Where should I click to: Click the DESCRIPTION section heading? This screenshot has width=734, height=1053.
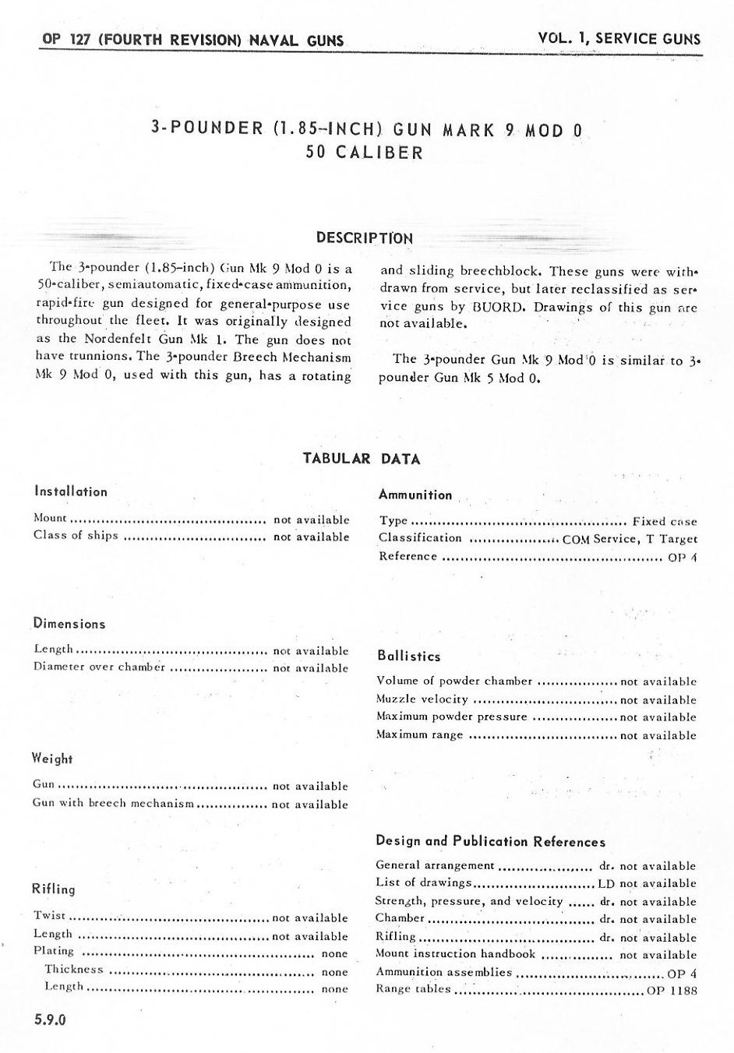tap(365, 238)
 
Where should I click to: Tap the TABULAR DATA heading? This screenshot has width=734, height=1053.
tap(362, 459)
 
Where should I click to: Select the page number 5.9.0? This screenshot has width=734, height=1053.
tap(49, 1020)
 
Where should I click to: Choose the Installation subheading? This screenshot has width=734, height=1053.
tap(71, 491)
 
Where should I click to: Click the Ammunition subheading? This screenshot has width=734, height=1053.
tap(415, 495)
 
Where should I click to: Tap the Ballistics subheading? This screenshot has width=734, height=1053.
tap(409, 656)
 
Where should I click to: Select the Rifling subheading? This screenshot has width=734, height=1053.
tap(54, 889)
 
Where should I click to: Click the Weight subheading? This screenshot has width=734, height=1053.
tap(52, 758)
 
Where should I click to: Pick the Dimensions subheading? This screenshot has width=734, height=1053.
tap(69, 623)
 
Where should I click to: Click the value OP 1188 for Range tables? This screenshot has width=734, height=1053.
tap(672, 990)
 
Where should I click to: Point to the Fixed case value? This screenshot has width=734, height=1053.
tap(665, 521)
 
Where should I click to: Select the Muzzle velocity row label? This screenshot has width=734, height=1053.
tap(422, 699)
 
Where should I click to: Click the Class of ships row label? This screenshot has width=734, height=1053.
tap(76, 535)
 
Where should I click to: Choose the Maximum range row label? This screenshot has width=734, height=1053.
tap(419, 734)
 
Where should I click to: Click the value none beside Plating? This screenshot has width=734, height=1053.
tap(334, 953)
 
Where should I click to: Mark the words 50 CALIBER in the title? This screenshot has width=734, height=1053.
tap(365, 152)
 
